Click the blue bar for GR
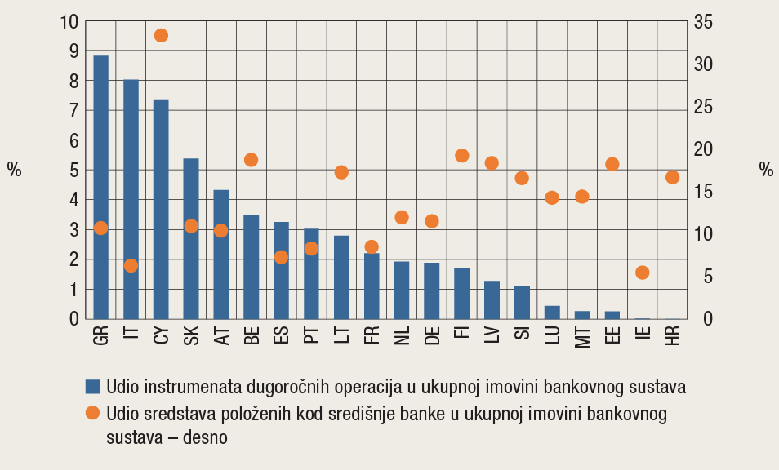(101, 188)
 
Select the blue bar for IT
(131, 199)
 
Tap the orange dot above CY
(161, 35)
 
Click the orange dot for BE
(252, 160)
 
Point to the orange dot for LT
(341, 172)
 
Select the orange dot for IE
(643, 273)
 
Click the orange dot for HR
(673, 177)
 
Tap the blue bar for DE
(432, 290)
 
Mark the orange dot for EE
(612, 164)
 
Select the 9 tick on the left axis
(73, 51)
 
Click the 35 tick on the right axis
(703, 21)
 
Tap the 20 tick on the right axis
(703, 149)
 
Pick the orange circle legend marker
(92, 414)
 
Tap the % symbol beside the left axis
(15, 170)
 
